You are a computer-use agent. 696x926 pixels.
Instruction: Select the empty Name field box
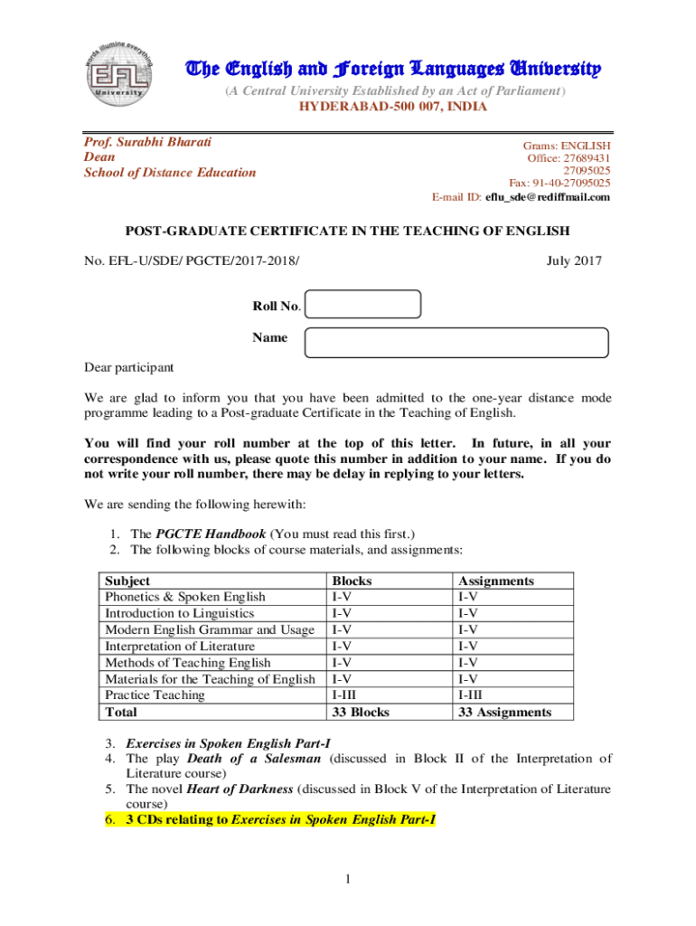[456, 343]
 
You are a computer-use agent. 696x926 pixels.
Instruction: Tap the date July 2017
[574, 262]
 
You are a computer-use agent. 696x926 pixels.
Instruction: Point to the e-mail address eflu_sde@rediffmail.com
[548, 197]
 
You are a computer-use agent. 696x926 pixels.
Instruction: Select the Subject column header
[127, 581]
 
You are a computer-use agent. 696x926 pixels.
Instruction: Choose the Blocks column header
[353, 581]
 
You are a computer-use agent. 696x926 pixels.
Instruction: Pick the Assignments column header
[496, 581]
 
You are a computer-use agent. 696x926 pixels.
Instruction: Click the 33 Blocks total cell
[361, 713]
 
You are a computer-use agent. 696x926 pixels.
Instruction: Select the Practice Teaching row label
[155, 695]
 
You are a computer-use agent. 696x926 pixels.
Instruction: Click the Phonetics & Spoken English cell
[185, 598]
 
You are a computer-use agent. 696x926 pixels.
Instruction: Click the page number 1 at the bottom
[348, 879]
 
